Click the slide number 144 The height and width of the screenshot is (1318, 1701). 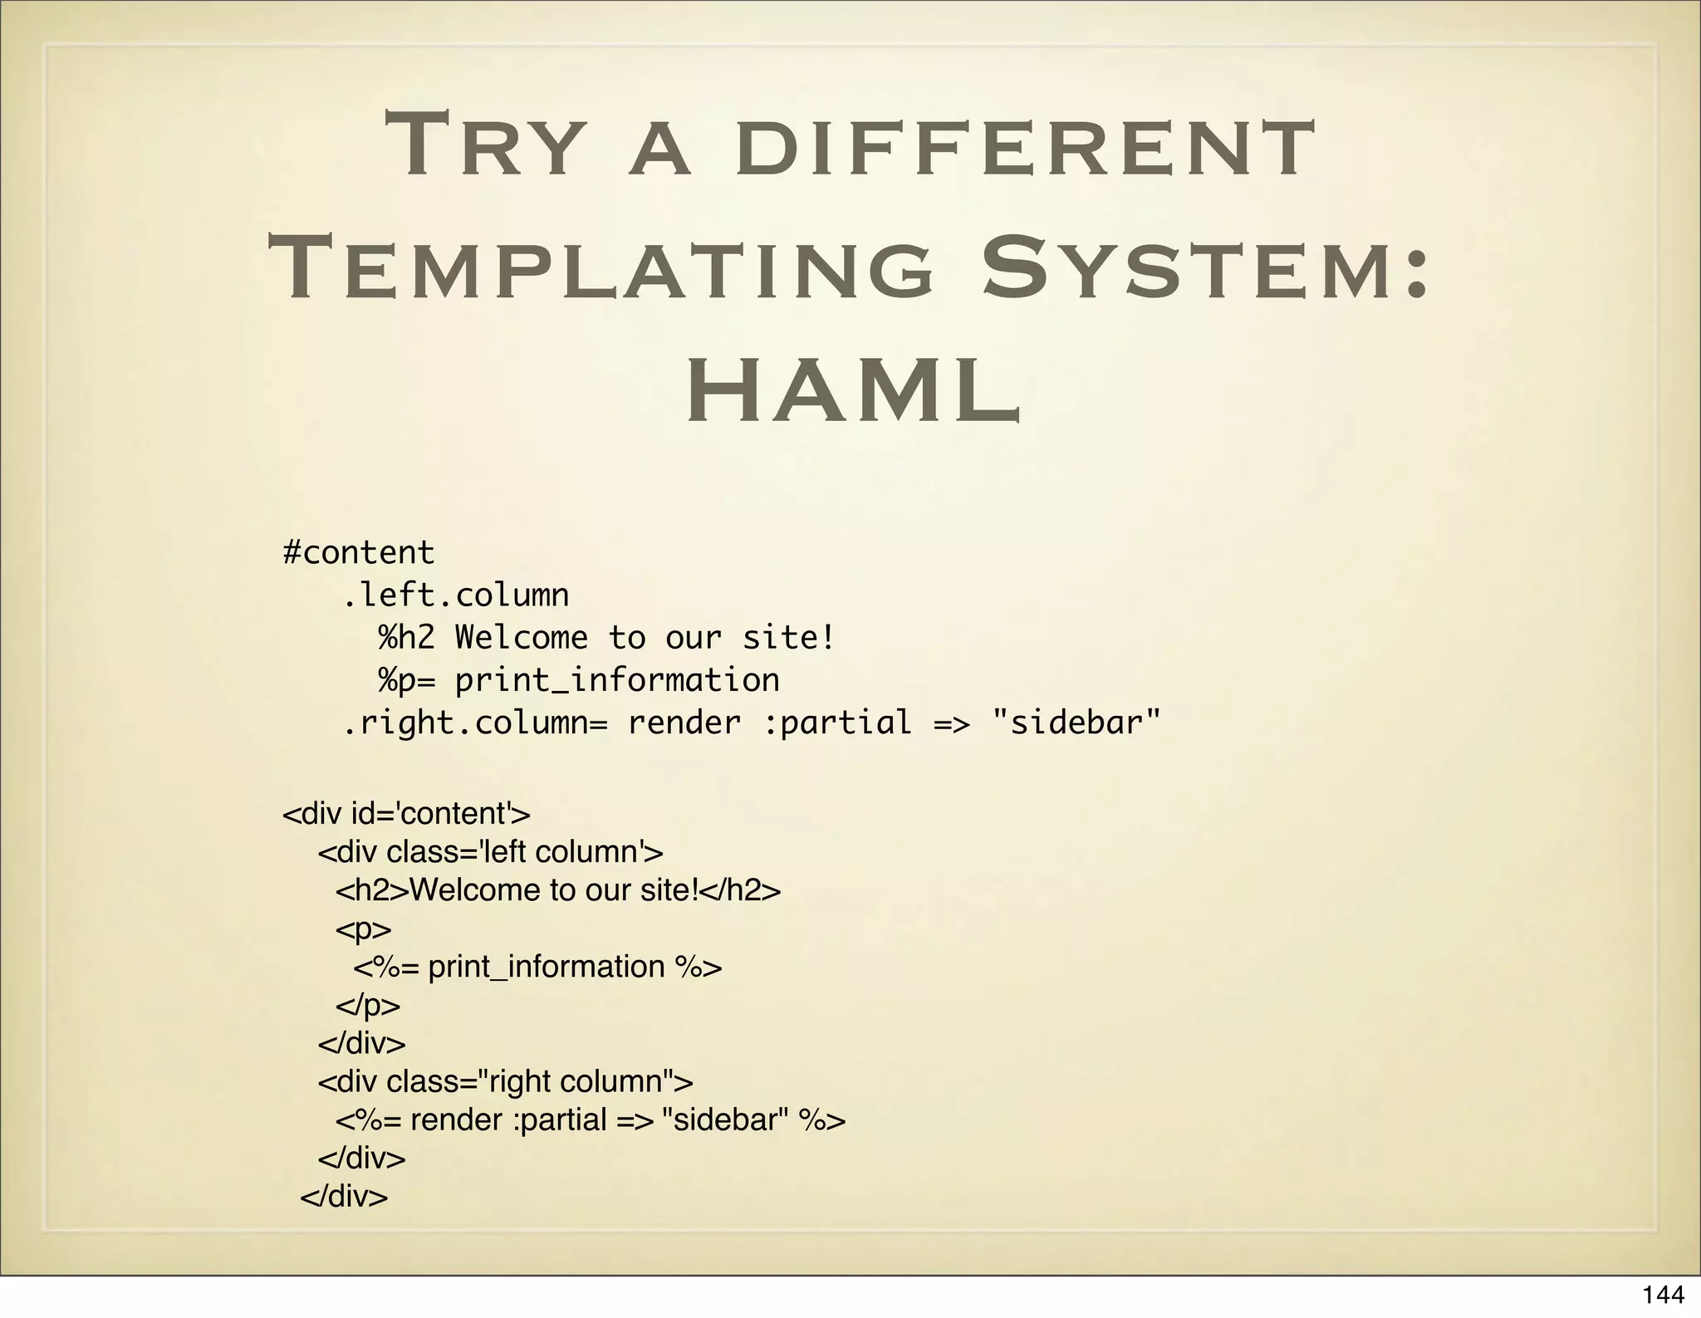[1663, 1295]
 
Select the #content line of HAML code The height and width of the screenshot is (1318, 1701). [358, 552]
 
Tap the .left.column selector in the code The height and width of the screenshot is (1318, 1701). [456, 595]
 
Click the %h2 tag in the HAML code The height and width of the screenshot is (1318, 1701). [406, 638]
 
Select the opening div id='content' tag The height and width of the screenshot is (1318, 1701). [406, 813]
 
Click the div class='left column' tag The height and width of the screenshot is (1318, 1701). [490, 852]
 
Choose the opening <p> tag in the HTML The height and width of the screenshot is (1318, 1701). [363, 928]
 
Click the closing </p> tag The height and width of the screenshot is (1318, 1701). [367, 1005]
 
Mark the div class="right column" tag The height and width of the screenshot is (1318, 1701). [505, 1081]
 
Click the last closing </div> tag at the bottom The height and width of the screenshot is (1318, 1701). [344, 1197]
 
